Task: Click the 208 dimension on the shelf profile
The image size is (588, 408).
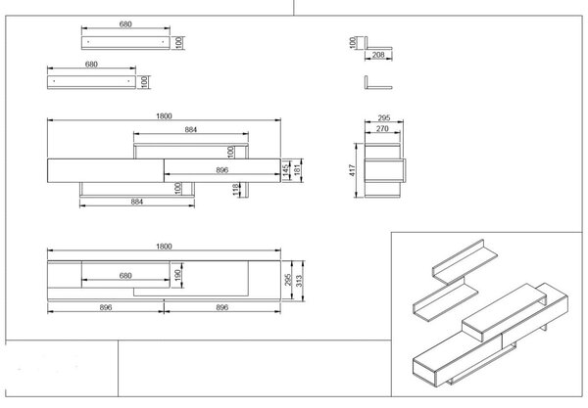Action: (378, 55)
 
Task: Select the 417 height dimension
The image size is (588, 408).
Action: (352, 170)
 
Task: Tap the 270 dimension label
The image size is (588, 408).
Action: (382, 129)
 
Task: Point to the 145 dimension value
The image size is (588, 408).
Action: (286, 170)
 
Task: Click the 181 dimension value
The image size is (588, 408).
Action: (297, 170)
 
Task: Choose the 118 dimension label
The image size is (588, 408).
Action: (235, 190)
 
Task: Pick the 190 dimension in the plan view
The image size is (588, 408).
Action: (177, 275)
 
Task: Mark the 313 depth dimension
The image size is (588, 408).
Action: (299, 281)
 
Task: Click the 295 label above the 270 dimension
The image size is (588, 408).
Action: (384, 118)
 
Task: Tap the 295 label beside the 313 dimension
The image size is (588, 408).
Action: (288, 281)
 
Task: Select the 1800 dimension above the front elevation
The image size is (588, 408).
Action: (164, 116)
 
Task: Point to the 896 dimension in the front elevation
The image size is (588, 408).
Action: (222, 170)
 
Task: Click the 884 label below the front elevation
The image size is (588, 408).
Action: (137, 202)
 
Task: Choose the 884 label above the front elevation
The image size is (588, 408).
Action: (191, 129)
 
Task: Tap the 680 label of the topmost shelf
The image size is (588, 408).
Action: (125, 23)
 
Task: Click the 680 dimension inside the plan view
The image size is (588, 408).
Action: (125, 276)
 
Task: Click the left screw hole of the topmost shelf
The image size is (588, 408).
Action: (88, 41)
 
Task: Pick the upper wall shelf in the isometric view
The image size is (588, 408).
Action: (465, 262)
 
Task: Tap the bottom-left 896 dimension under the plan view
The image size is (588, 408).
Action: (106, 307)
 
